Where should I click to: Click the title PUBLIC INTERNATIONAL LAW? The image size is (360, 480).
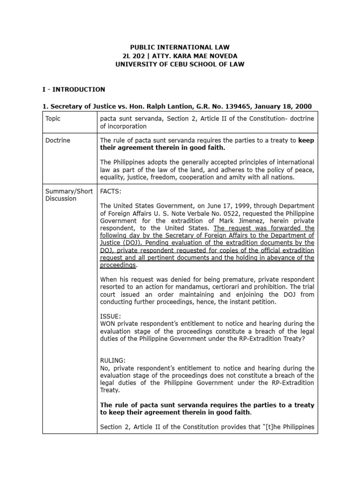click(180, 47)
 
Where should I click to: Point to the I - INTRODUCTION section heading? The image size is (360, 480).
click(74, 89)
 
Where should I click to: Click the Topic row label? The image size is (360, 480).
click(53, 119)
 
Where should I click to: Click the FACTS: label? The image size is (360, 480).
click(111, 191)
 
